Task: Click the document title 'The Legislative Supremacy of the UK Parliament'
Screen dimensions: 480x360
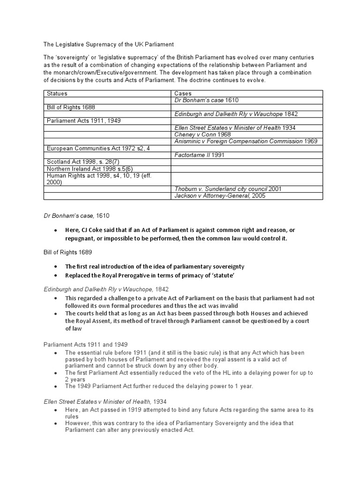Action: point(108,45)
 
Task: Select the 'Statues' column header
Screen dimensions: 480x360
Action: point(57,94)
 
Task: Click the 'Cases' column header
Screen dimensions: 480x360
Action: point(183,94)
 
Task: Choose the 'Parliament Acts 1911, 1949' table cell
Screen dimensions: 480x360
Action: point(83,121)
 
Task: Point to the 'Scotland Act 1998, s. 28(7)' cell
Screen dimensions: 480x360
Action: point(83,162)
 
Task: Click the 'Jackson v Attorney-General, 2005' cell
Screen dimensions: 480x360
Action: point(219,196)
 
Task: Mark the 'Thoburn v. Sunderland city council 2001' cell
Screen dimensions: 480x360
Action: point(228,189)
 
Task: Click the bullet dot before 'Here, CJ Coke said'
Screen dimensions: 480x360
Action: point(55,230)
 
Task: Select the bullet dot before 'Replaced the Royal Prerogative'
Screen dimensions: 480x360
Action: point(55,276)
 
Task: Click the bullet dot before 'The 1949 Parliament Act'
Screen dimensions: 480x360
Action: point(55,386)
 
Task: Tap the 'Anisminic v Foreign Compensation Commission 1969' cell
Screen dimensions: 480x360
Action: point(245,141)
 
